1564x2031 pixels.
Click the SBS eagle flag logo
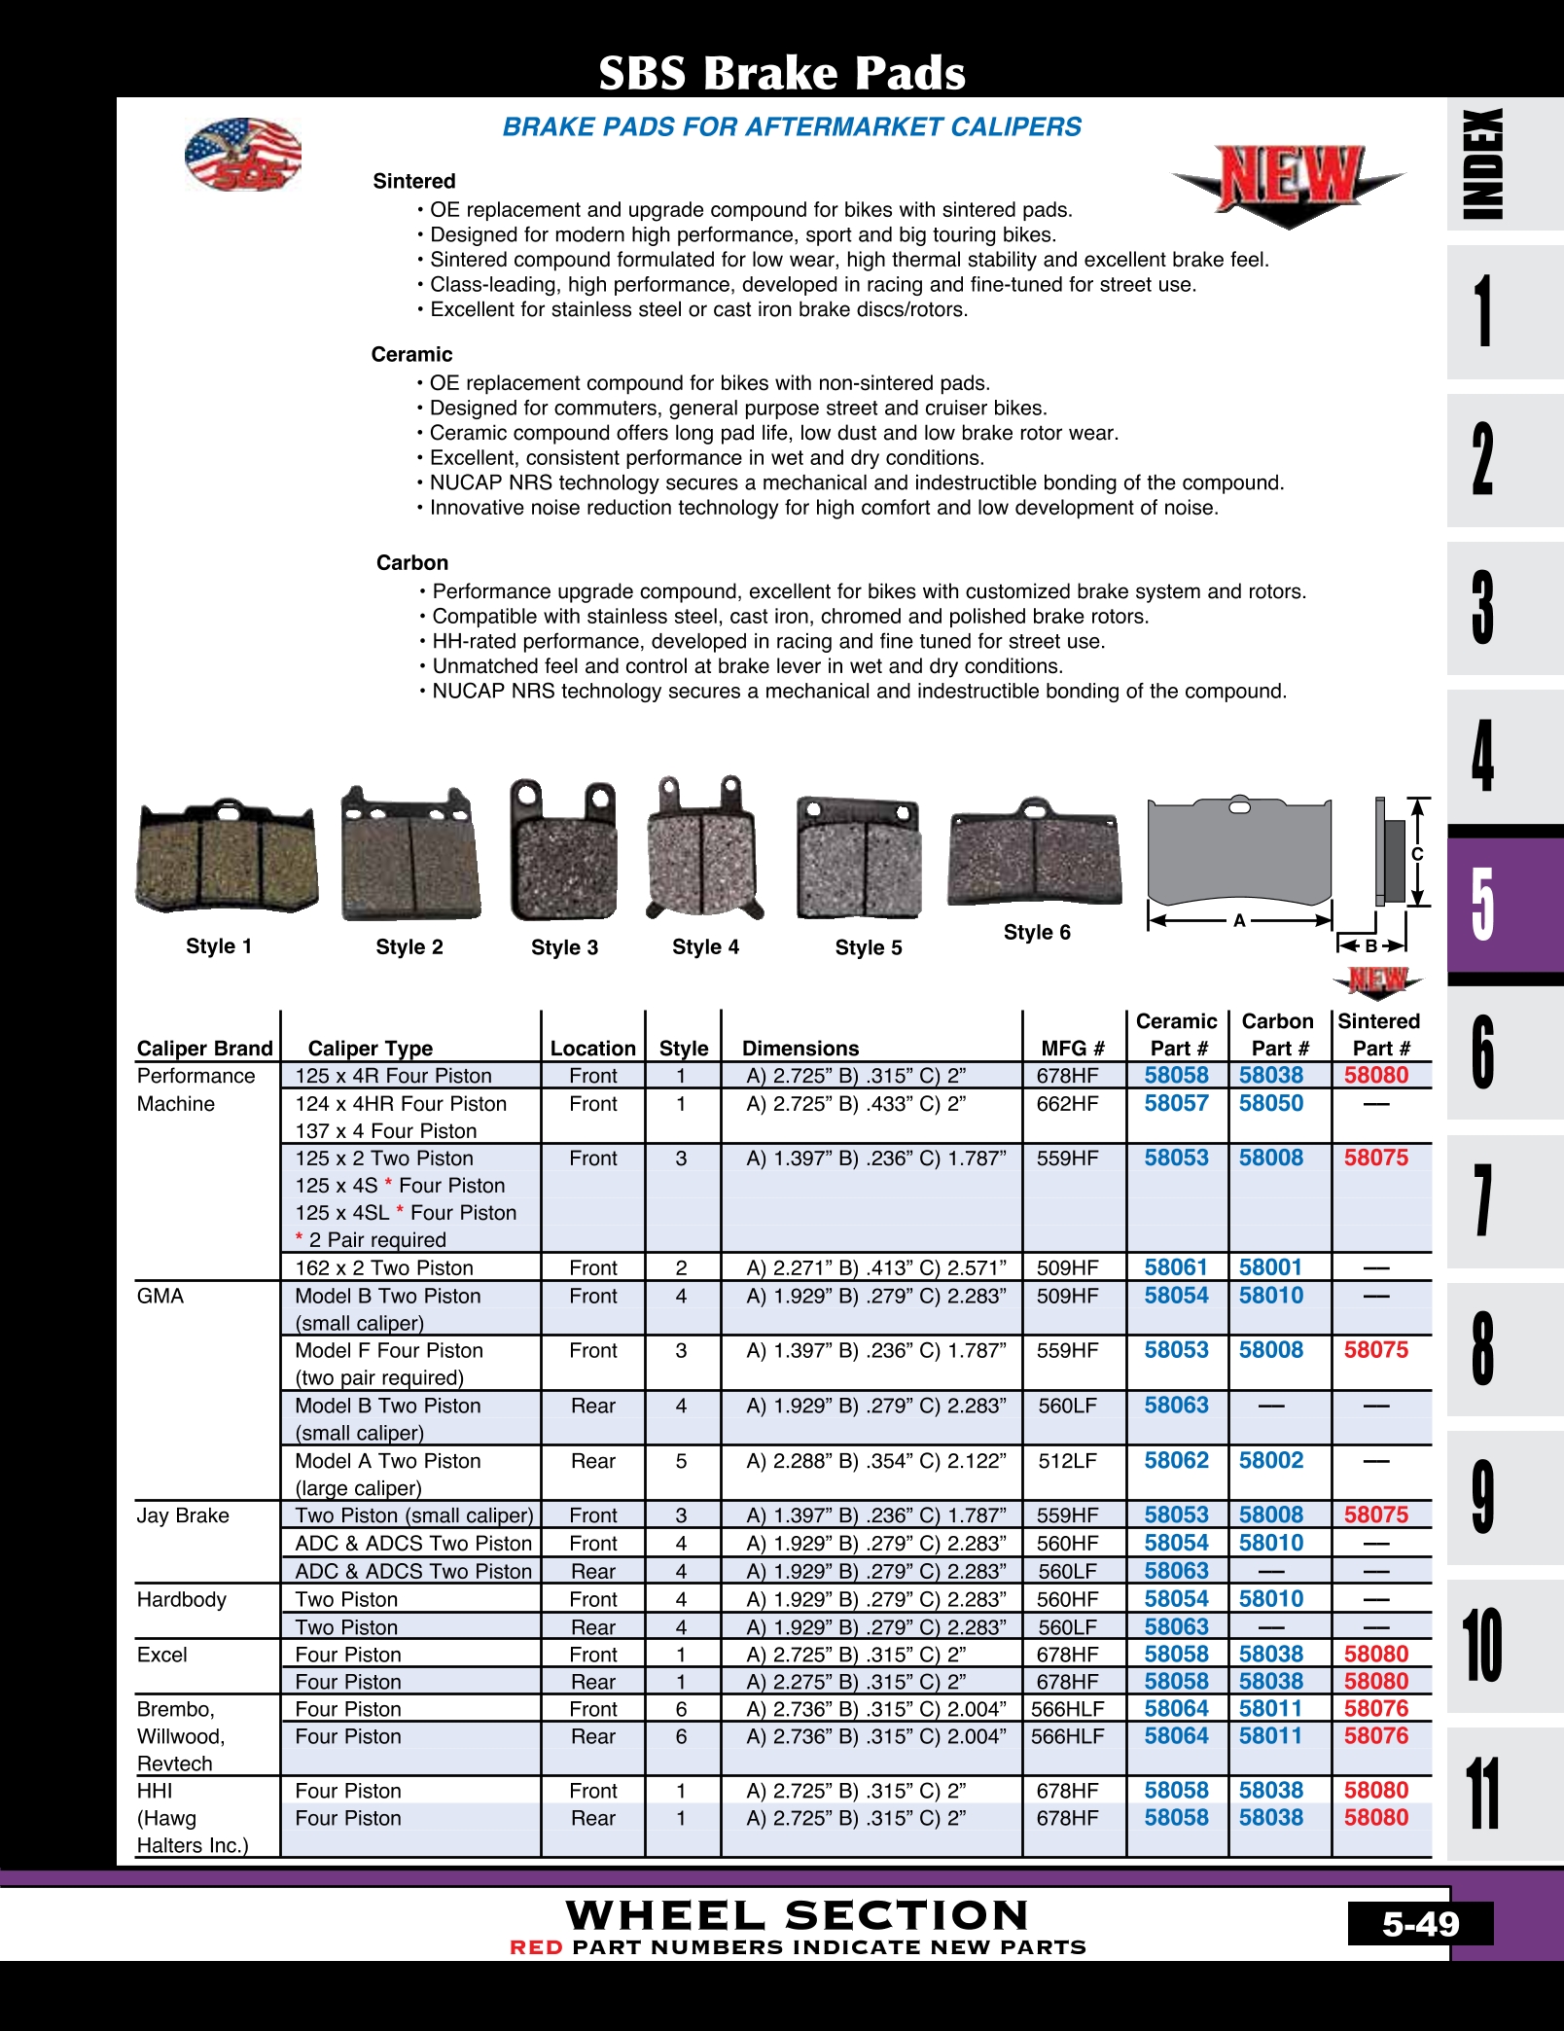click(243, 155)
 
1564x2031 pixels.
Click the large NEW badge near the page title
click(1288, 182)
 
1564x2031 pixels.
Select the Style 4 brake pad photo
click(705, 849)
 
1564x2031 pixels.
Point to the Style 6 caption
click(1037, 933)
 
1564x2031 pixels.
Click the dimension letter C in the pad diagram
click(1417, 854)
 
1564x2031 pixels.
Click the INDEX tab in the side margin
click(1484, 163)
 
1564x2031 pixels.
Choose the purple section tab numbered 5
click(1484, 904)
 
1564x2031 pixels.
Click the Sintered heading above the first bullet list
click(414, 182)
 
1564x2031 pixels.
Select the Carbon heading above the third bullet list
click(412, 563)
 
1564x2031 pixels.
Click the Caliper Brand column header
click(204, 1049)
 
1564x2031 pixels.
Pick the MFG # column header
click(1073, 1049)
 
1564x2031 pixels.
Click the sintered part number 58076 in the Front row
click(1375, 1709)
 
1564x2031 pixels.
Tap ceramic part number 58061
click(1176, 1267)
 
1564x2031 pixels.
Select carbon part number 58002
click(1270, 1461)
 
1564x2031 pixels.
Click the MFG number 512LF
click(1067, 1461)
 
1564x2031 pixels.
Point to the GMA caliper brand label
click(160, 1297)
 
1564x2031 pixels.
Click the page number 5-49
click(1420, 1924)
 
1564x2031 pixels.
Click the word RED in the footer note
click(536, 1947)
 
